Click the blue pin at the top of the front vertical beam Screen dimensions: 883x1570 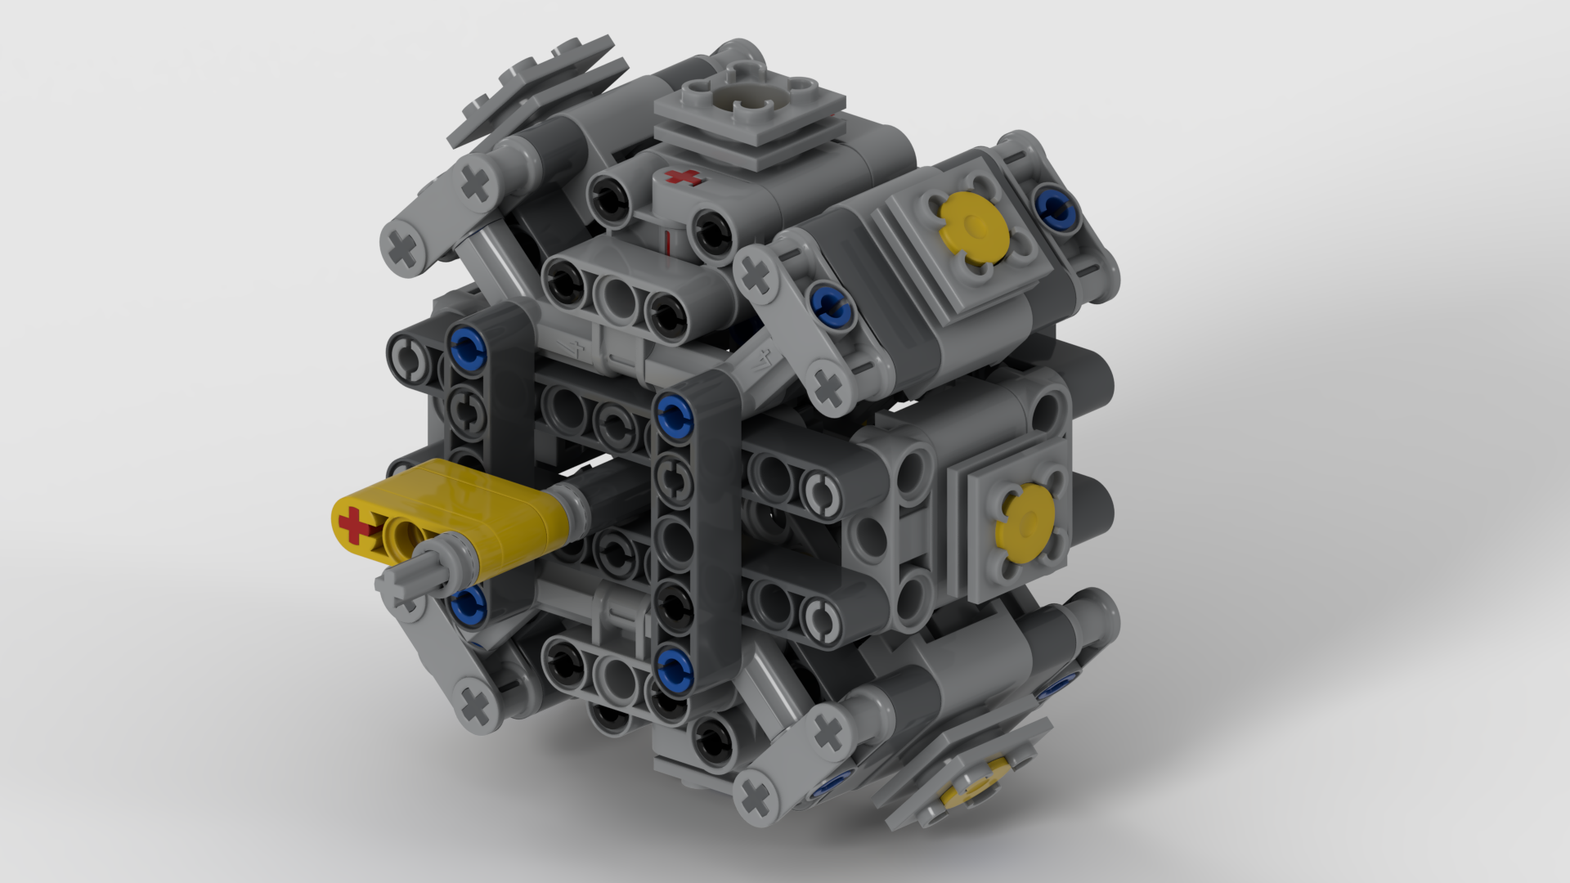(x=672, y=412)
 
